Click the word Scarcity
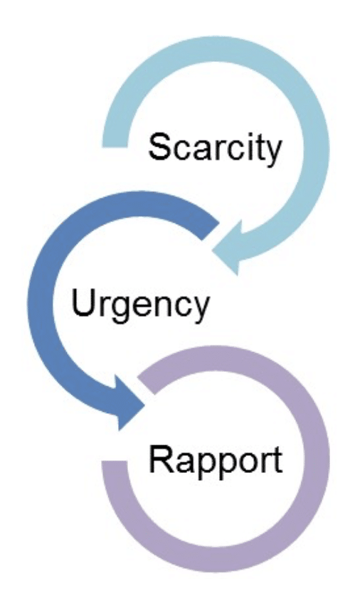[x=215, y=149]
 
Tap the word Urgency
[x=140, y=307]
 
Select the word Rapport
[x=216, y=462]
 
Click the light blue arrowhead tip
[x=213, y=251]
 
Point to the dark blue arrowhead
[x=129, y=403]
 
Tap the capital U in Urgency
[x=83, y=304]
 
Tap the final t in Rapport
[x=277, y=460]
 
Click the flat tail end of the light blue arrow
[x=115, y=147]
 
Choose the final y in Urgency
[x=200, y=312]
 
